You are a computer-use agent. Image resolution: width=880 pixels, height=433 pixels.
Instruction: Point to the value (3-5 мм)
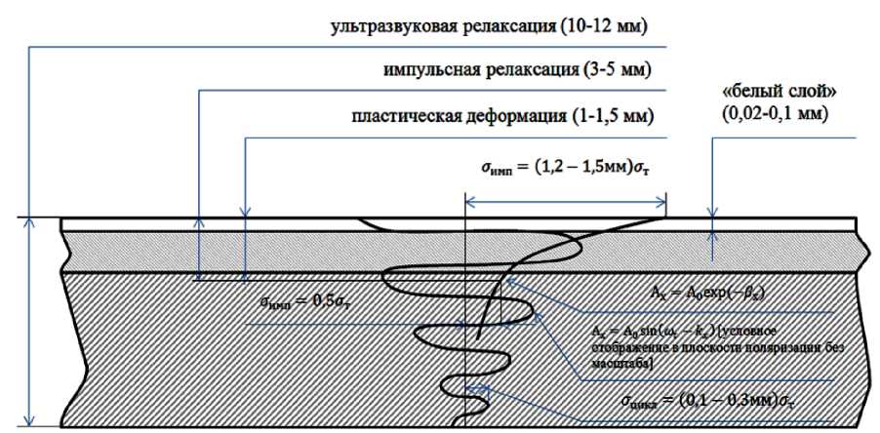(613, 71)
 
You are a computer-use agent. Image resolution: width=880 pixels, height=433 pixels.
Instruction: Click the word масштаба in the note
(617, 359)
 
